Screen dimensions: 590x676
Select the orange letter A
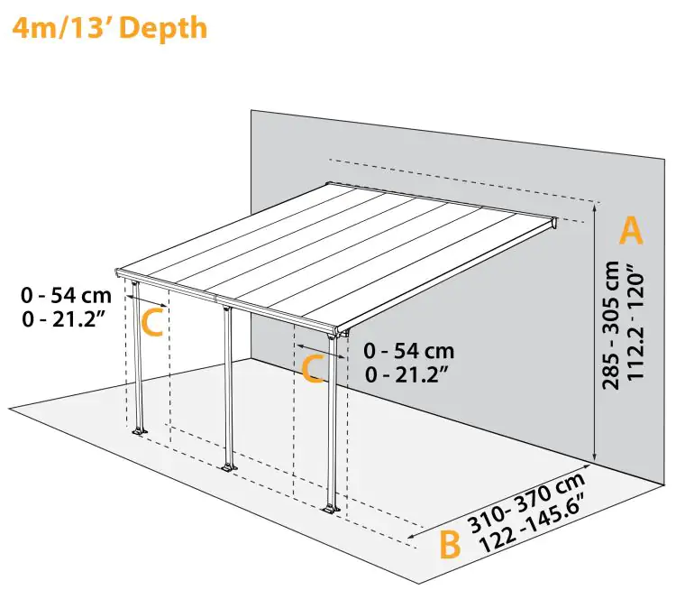631,231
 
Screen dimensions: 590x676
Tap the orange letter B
450,545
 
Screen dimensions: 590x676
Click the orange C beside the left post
153,322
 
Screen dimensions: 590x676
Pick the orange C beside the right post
312,369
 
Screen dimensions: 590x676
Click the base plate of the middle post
228,467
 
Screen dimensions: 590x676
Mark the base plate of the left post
139,433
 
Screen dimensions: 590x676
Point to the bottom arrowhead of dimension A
594,457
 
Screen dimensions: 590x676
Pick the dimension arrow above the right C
320,348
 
